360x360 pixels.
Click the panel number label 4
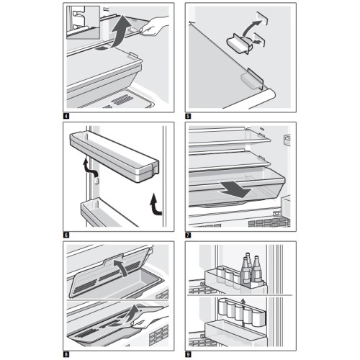point(66,116)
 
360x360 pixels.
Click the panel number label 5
point(188,116)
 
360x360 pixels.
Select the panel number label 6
point(66,235)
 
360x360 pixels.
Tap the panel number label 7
point(188,235)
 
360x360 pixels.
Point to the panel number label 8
point(66,354)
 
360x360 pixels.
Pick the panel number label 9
point(188,354)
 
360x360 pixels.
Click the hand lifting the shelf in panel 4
point(153,26)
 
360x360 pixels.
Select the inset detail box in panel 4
point(83,22)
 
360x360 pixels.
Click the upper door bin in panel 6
point(114,157)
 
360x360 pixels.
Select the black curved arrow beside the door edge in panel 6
point(156,204)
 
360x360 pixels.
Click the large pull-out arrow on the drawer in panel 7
point(235,189)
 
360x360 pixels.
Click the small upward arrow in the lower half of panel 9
point(243,302)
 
